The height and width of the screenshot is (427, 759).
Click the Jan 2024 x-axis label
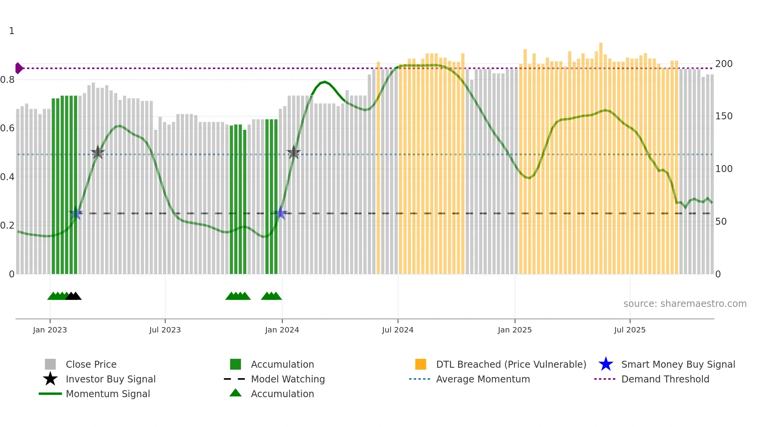click(282, 330)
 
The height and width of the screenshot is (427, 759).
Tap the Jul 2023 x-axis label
click(165, 330)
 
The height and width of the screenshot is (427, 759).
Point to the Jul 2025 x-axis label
click(630, 330)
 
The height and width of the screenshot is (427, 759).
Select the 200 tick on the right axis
click(723, 64)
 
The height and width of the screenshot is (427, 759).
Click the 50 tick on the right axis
click(721, 222)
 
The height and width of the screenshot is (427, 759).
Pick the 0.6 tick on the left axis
click(7, 128)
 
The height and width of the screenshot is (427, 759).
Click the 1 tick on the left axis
click(12, 31)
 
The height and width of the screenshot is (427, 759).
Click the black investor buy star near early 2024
click(294, 153)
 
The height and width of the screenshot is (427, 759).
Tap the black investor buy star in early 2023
click(98, 153)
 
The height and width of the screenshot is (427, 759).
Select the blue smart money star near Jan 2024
click(281, 213)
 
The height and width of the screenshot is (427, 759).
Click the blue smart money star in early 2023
click(76, 213)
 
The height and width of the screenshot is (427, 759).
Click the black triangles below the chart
click(73, 296)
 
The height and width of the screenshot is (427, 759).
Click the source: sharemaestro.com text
click(685, 304)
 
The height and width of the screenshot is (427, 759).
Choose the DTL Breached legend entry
click(511, 365)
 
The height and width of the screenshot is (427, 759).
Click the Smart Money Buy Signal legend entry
click(678, 365)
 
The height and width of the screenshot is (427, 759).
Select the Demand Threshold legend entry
click(665, 379)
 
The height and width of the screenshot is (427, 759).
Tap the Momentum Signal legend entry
click(108, 394)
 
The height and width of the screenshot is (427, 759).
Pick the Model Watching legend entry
click(287, 379)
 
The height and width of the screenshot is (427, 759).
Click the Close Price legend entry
click(91, 365)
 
